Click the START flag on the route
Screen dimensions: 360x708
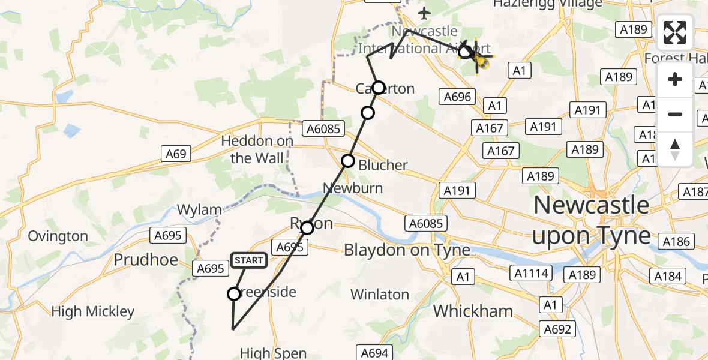click(249, 260)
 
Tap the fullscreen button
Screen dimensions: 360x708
click(675, 32)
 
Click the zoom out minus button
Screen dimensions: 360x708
click(675, 114)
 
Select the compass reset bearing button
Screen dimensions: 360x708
click(675, 149)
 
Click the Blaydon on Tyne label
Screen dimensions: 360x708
click(407, 250)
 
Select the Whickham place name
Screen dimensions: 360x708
click(473, 311)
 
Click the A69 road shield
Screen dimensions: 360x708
click(176, 154)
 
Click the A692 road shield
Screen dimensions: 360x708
click(558, 329)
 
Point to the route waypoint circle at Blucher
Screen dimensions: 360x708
click(348, 161)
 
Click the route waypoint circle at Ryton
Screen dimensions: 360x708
click(307, 228)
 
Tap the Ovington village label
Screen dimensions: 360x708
click(58, 236)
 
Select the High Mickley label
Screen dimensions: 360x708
click(93, 311)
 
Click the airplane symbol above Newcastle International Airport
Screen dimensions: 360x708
click(425, 13)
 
